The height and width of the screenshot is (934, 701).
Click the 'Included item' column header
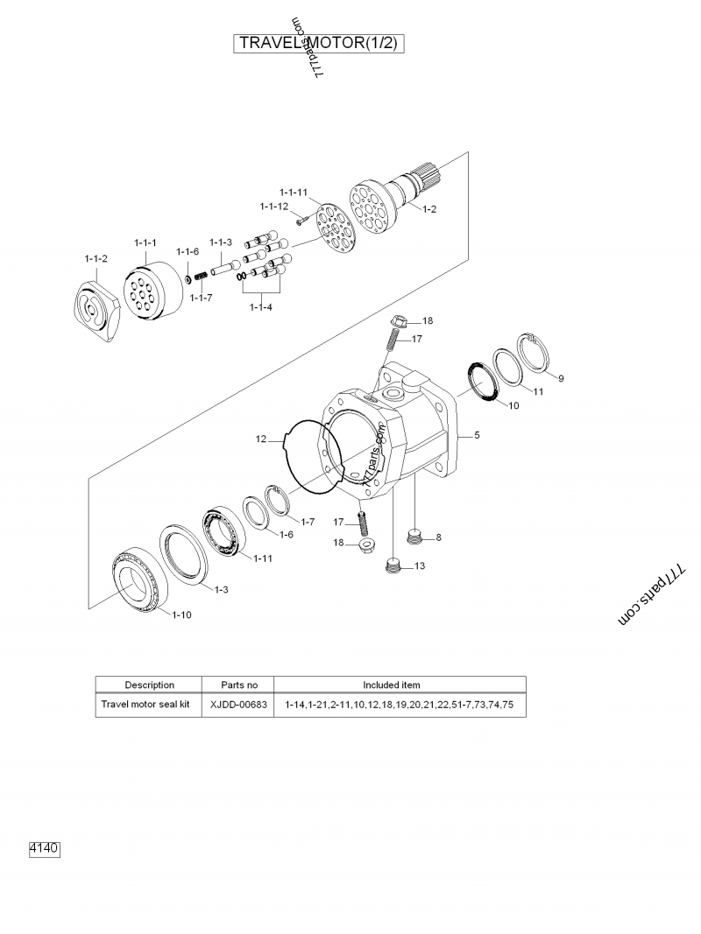[400, 685]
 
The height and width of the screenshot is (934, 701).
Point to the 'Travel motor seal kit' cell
[145, 705]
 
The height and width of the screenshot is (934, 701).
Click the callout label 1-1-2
[96, 259]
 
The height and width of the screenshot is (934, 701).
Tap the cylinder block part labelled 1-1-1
[145, 294]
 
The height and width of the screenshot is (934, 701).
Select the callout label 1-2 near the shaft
[429, 208]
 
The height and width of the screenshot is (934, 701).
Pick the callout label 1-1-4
[261, 306]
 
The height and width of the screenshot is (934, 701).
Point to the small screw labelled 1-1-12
[299, 221]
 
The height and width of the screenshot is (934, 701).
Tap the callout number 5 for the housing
[477, 435]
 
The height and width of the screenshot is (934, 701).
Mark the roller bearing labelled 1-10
[139, 579]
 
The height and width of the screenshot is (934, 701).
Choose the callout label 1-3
[221, 589]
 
